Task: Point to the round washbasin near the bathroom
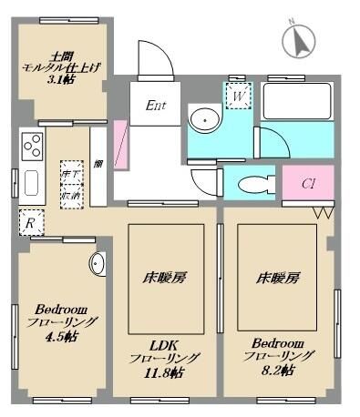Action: tap(204, 118)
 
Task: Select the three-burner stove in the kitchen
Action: tap(32, 145)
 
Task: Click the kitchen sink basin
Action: tap(31, 184)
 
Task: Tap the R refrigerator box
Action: tap(30, 221)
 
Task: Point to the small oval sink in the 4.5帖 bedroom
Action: tap(98, 263)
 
